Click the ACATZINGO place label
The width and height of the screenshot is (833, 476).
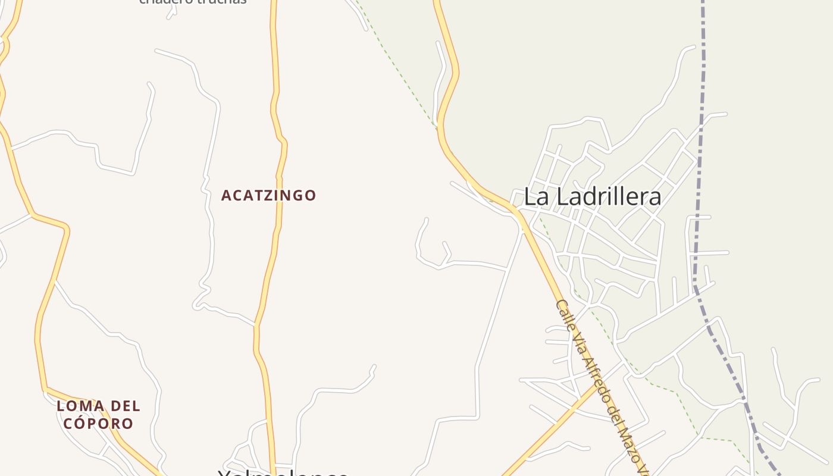click(268, 195)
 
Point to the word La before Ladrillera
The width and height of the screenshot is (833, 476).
click(536, 197)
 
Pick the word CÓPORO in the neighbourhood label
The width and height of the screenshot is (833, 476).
click(98, 424)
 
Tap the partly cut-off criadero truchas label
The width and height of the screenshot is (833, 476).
click(193, 2)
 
